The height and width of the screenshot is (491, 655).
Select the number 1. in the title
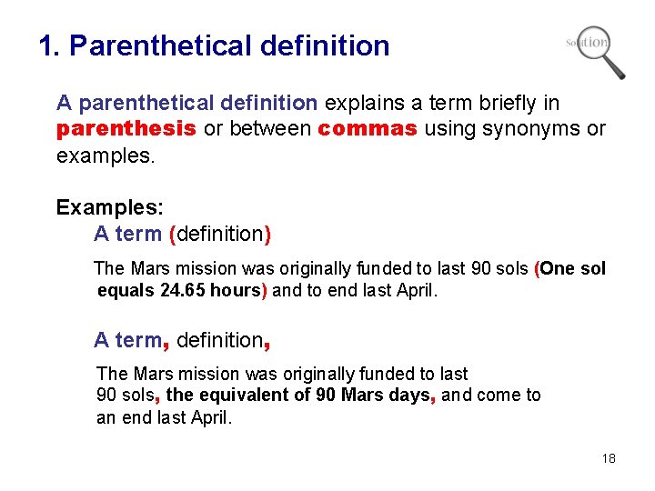coord(49,45)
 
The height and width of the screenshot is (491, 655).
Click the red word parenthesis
coord(126,129)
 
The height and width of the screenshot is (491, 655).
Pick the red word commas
coord(368,129)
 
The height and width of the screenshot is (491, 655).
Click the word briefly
coord(491,103)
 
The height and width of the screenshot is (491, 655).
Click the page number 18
coord(609,458)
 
